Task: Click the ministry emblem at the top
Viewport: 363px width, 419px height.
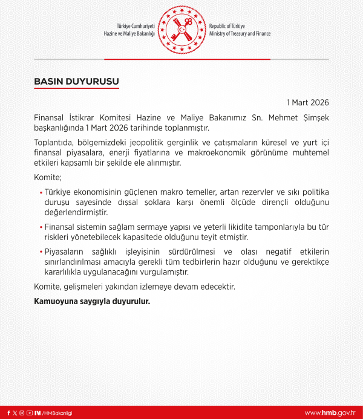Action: click(181, 30)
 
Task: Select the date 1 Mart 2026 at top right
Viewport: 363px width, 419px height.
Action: click(308, 102)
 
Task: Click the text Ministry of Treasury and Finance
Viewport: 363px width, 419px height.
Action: click(240, 34)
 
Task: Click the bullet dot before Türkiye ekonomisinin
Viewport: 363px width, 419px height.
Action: click(41, 192)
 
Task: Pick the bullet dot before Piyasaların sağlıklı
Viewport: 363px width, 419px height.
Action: click(41, 252)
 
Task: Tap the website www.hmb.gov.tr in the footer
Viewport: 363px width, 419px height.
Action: click(330, 412)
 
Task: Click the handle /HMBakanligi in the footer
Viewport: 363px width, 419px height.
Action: click(57, 413)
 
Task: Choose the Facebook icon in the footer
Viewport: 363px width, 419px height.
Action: click(8, 413)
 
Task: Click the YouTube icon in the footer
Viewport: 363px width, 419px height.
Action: click(29, 413)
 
